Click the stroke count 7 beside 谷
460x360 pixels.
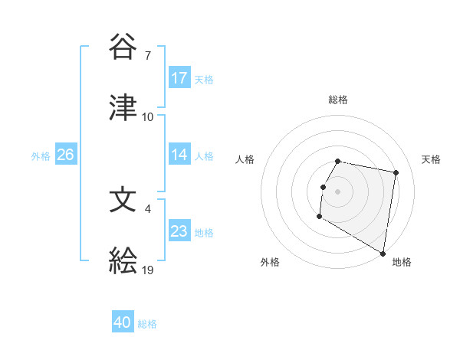148,56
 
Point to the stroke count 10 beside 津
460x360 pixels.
148,116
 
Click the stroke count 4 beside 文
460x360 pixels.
148,208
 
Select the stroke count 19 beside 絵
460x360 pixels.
148,269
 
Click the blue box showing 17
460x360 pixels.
179,78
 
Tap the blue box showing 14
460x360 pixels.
179,155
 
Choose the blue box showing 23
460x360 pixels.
179,231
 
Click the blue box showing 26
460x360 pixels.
65,155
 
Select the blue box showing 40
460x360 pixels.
123,323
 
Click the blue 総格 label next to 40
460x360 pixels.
148,324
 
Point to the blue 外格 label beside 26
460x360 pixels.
41,155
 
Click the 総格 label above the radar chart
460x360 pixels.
338,100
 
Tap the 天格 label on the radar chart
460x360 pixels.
432,159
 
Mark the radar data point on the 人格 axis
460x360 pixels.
323,187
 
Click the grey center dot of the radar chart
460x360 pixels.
338,191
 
